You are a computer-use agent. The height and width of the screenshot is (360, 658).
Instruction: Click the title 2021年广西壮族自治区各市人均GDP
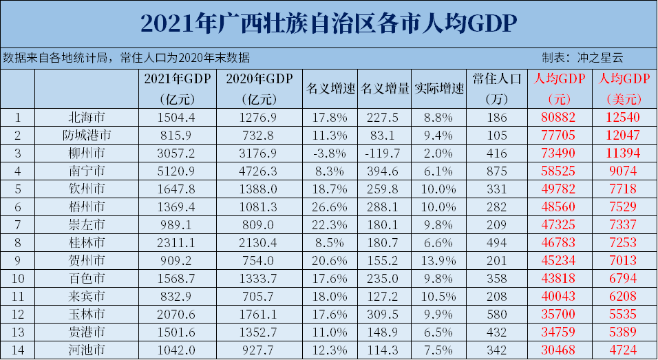pyautogui.click(x=329, y=23)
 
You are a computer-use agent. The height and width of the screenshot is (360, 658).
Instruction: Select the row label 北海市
pyautogui.click(x=86, y=117)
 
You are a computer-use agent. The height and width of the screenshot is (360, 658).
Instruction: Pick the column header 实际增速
pyautogui.click(x=440, y=89)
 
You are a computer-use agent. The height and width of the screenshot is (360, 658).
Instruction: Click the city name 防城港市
pyautogui.click(x=86, y=135)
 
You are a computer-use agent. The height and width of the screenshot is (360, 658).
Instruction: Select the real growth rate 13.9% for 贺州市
pyautogui.click(x=440, y=260)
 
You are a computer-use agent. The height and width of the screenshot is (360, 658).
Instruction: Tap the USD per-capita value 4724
pyautogui.click(x=621, y=350)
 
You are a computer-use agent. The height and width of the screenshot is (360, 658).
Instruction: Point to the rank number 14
pyautogui.click(x=18, y=350)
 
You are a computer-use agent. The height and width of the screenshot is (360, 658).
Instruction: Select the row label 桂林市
pyautogui.click(x=86, y=242)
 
